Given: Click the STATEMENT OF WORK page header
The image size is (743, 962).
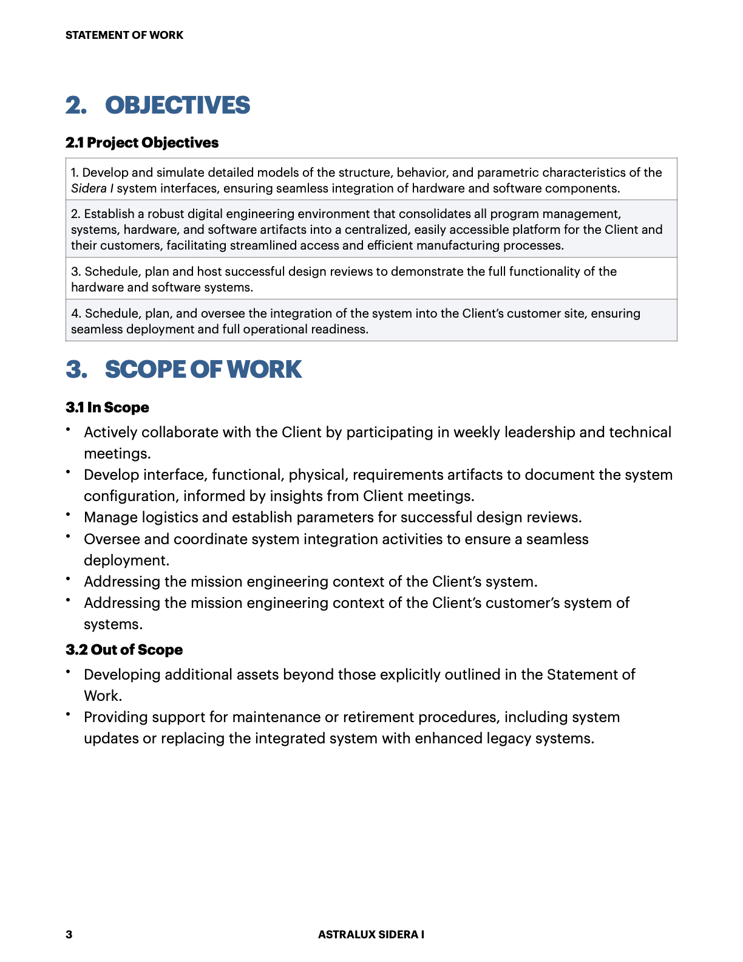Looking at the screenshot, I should [124, 35].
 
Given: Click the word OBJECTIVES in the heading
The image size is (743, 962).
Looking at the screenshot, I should [177, 106].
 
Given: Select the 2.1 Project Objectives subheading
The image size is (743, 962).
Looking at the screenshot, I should [142, 143].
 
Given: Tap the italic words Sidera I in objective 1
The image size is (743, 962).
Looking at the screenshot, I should [92, 188].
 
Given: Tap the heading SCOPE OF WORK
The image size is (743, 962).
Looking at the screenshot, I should [203, 370].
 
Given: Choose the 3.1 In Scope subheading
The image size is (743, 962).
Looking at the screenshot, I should [107, 408].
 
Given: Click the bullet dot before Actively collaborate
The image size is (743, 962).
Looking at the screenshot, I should [69, 429].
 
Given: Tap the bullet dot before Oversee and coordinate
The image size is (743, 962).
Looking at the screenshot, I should [69, 536].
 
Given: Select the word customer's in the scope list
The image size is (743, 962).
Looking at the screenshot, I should [523, 603].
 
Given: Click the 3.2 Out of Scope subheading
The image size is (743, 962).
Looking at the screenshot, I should [124, 650].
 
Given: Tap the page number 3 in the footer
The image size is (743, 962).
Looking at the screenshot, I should [69, 935].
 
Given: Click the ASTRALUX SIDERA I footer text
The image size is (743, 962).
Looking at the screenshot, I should [371, 935].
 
